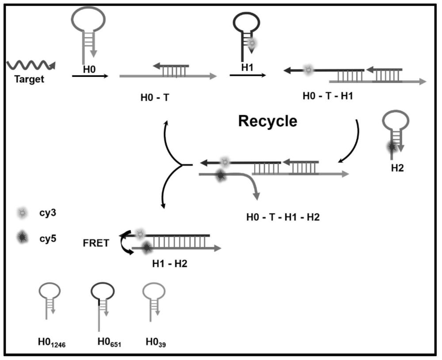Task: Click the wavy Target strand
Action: pyautogui.click(x=30, y=66)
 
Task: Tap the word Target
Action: pyautogui.click(x=29, y=81)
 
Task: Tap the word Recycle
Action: pyautogui.click(x=268, y=121)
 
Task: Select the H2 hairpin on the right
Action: pyautogui.click(x=395, y=133)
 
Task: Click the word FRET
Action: pyautogui.click(x=95, y=243)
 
